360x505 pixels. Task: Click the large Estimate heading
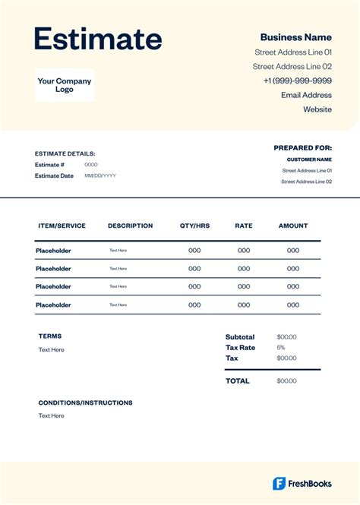click(x=98, y=39)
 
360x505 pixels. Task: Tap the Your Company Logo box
click(x=65, y=85)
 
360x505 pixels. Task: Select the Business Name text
click(x=295, y=37)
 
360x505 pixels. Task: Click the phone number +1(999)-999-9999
click(x=297, y=80)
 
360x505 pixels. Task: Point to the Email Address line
click(x=306, y=95)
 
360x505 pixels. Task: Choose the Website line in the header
click(x=317, y=109)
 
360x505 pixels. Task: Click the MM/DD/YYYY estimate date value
click(x=100, y=175)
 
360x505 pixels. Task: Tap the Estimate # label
click(x=49, y=164)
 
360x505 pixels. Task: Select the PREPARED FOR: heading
click(x=302, y=148)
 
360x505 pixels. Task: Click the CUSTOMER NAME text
click(x=309, y=159)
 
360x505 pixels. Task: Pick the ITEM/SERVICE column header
click(x=61, y=226)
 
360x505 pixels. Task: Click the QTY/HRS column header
click(x=194, y=226)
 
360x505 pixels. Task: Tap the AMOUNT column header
click(x=293, y=226)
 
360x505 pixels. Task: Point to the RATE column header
click(x=243, y=226)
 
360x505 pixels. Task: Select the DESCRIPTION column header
click(x=130, y=226)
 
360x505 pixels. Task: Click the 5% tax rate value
click(x=281, y=347)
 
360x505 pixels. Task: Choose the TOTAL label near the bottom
click(x=237, y=381)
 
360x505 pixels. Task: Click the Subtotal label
click(x=240, y=337)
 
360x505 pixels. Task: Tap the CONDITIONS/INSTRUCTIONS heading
click(x=85, y=402)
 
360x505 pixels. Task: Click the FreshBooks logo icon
click(x=279, y=484)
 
